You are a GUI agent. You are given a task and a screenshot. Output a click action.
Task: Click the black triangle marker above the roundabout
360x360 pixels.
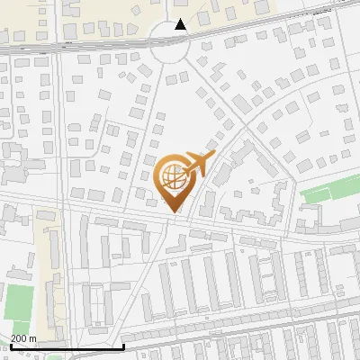pos(181,24)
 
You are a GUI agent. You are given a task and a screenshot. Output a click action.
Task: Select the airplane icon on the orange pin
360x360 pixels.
pos(195,165)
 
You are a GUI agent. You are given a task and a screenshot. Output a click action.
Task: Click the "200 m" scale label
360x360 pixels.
pos(23,338)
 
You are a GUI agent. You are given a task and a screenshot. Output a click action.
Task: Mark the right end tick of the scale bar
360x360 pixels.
pos(123,345)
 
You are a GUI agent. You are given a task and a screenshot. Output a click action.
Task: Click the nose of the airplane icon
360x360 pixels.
pos(213,156)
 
